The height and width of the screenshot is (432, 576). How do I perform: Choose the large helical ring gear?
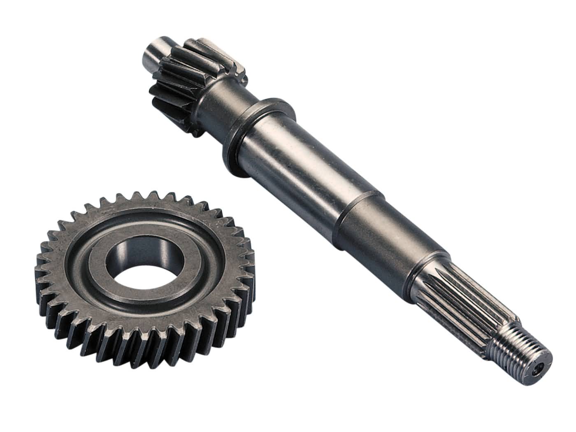point(140,272)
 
